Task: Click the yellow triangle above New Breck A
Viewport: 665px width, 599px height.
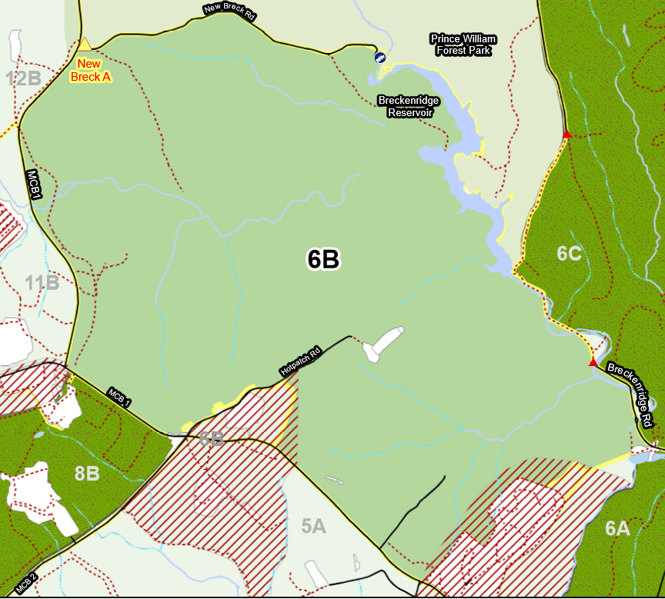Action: coord(85,44)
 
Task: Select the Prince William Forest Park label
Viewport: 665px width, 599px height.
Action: coord(463,45)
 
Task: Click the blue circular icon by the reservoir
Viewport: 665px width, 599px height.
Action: coord(379,58)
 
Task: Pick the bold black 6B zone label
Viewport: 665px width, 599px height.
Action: coord(323,260)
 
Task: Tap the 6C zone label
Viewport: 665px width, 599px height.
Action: coord(569,253)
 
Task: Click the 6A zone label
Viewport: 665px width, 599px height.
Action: coord(617,527)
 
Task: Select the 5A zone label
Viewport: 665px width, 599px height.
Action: coord(313,527)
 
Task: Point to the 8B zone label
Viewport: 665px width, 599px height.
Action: coord(87,474)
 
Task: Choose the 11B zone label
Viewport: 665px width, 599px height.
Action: coord(42,283)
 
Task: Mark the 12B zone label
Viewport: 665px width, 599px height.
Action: coord(23,78)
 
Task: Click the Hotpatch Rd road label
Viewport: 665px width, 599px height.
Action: coord(300,360)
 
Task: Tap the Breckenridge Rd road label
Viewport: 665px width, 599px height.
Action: coord(630,394)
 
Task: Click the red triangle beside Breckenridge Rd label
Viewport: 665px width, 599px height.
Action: coord(593,362)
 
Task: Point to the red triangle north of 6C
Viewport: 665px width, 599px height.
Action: coord(566,135)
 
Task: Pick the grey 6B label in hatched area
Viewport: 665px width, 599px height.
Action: coord(212,438)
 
